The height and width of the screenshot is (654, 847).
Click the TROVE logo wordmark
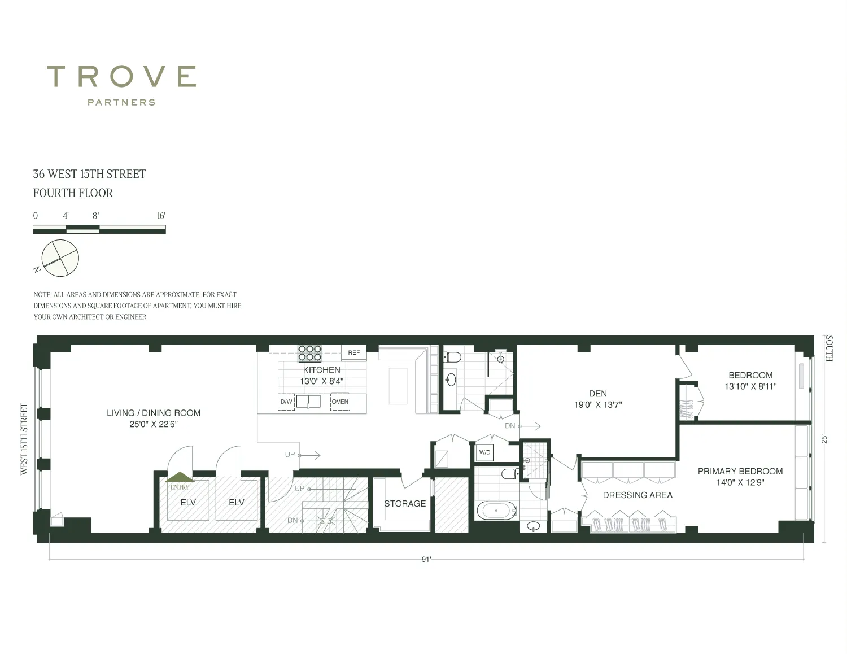click(x=121, y=76)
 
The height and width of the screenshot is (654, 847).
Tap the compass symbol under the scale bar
click(x=60, y=258)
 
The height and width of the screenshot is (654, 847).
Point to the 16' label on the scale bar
click(x=161, y=216)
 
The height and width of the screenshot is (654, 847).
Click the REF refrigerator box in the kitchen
click(x=353, y=353)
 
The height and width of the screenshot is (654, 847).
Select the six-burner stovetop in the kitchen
click(x=310, y=353)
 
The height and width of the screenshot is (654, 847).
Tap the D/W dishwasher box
click(x=286, y=402)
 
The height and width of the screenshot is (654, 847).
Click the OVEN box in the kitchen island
click(x=340, y=402)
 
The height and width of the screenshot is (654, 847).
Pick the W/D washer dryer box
click(x=484, y=452)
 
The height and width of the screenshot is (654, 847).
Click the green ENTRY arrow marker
click(x=180, y=477)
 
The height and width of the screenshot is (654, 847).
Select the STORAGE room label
click(x=405, y=504)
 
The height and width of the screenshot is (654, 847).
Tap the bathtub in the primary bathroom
click(x=496, y=510)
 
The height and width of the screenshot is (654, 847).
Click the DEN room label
click(x=598, y=394)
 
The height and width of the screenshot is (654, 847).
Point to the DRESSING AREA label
click(x=638, y=495)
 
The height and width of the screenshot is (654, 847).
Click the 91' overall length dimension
click(x=426, y=560)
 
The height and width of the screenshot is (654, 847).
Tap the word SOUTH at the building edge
click(x=829, y=348)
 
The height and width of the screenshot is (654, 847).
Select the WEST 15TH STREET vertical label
click(x=24, y=439)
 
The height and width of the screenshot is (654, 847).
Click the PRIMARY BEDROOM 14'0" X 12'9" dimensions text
click(x=740, y=482)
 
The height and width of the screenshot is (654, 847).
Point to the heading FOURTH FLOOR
click(x=73, y=193)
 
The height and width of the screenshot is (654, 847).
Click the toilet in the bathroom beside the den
click(x=452, y=356)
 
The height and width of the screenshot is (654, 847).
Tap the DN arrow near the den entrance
click(x=530, y=426)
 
